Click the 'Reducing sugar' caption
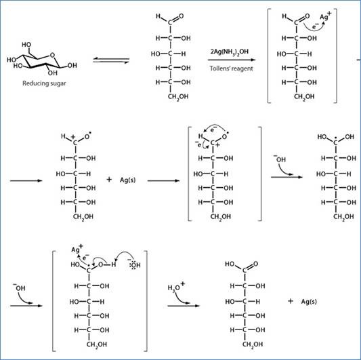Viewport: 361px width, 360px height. point(44,83)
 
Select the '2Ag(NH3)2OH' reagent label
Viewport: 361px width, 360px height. point(230,52)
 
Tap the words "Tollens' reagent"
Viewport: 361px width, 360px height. point(231,68)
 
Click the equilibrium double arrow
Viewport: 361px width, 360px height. point(111,60)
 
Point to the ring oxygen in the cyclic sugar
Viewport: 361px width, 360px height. point(53,55)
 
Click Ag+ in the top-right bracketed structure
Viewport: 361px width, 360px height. point(326,16)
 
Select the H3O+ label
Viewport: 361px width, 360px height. point(176,287)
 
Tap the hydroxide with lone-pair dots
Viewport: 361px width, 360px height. point(135,264)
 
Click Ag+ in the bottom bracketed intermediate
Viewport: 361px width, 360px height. point(77,249)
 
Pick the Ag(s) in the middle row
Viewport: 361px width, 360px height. point(127,180)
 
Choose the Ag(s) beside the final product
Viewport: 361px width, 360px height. point(309,301)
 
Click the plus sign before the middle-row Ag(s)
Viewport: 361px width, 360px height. point(109,179)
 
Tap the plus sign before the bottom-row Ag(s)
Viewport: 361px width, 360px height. point(291,301)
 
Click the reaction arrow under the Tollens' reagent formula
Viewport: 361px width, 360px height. point(232,60)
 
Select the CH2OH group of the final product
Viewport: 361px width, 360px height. point(253,344)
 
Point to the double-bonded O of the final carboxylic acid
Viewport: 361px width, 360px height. point(255,264)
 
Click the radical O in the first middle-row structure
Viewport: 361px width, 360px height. point(87,136)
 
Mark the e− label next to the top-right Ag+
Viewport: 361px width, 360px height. point(316,26)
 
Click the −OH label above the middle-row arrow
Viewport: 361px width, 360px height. point(280,159)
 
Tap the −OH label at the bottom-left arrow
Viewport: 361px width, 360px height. point(19,287)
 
